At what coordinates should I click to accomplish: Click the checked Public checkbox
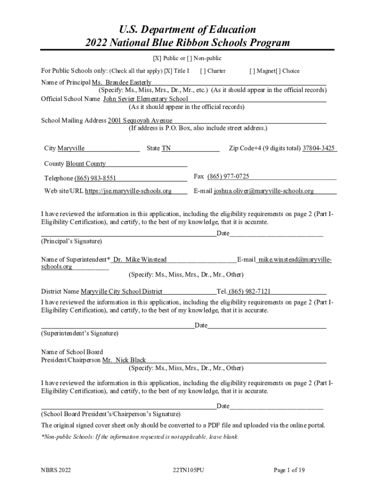157,59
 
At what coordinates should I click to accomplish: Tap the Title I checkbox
169,71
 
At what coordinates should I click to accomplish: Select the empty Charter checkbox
203,71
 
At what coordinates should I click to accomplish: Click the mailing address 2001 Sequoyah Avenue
140,120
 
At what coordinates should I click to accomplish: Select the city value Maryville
71,148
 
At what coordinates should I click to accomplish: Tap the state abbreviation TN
166,148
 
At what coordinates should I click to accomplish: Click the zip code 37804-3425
319,148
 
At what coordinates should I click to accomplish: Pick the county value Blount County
86,164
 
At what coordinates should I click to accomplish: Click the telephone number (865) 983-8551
95,179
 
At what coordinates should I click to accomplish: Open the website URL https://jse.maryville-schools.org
128,191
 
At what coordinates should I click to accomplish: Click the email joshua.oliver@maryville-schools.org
264,191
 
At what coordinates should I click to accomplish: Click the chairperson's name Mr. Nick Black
124,360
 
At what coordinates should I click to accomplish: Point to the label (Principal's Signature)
72,241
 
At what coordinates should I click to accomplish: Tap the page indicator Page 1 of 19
289,470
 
